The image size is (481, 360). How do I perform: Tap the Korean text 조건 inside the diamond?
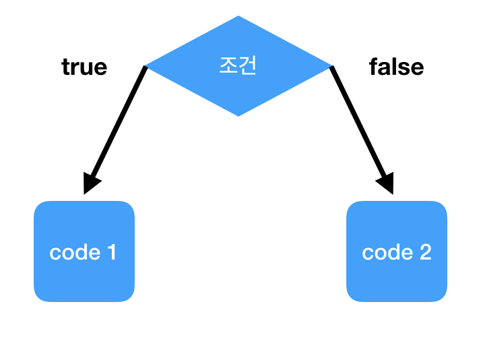[x=238, y=66]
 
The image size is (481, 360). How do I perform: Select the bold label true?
[x=84, y=67]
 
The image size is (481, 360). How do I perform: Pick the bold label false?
[x=396, y=67]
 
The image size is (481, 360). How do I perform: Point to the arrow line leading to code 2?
[x=357, y=121]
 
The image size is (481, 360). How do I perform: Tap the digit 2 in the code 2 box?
[x=424, y=252]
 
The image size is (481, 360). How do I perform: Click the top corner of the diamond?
[x=239, y=18]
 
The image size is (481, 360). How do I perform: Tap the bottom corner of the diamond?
[x=239, y=115]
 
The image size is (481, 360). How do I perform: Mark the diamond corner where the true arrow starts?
[x=147, y=67]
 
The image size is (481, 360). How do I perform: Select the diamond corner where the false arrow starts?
[x=331, y=67]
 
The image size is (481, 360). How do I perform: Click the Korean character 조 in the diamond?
[x=229, y=66]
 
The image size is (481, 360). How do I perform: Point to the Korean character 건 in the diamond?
[x=248, y=66]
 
